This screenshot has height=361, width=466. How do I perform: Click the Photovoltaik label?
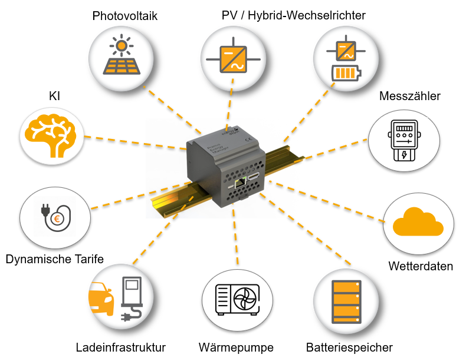tap(124, 16)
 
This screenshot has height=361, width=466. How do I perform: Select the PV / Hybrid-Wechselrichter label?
tap(293, 16)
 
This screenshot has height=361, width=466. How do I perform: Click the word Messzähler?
tap(410, 96)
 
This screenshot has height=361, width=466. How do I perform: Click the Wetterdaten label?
tap(421, 266)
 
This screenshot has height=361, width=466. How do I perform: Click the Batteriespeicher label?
tap(349, 347)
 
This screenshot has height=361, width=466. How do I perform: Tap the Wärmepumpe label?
tap(236, 347)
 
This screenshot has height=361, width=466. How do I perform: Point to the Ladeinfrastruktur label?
tap(121, 347)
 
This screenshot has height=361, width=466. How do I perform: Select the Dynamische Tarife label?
tap(55, 259)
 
